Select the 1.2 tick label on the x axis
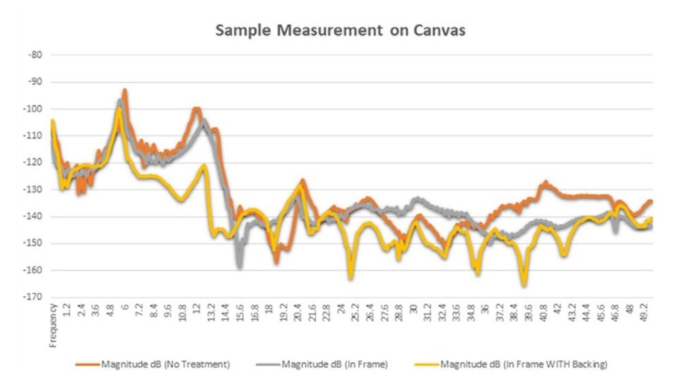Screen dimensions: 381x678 click(x=67, y=311)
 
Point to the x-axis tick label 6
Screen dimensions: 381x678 click(x=125, y=308)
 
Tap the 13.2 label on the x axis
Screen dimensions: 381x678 click(x=212, y=314)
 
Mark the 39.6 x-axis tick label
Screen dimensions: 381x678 click(x=529, y=314)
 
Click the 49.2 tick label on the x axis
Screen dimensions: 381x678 click(x=645, y=314)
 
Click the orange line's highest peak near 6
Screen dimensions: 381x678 click(x=125, y=90)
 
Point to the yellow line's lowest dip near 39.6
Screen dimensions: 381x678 click(x=524, y=284)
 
